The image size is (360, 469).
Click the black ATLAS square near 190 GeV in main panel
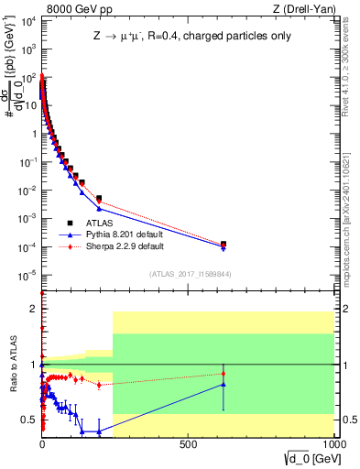coord(98,198)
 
